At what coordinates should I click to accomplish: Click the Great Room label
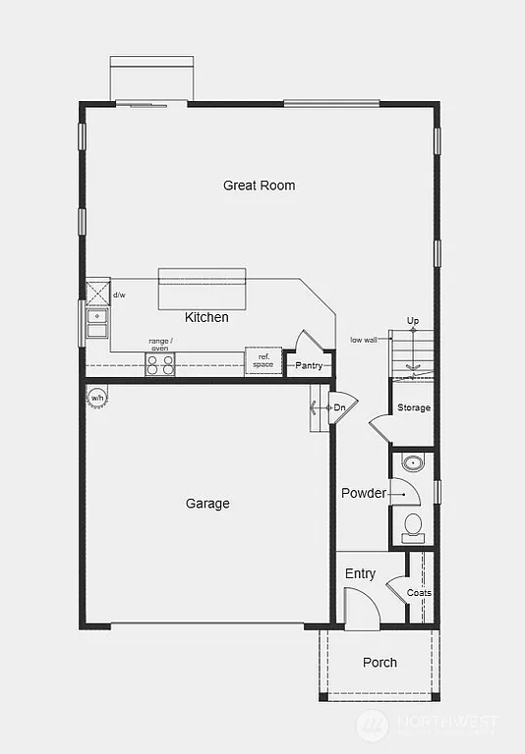(x=259, y=186)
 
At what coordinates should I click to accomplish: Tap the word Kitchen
(x=206, y=317)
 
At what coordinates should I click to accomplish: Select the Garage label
(x=207, y=504)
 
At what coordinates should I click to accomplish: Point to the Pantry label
(x=309, y=366)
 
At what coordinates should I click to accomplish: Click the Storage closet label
(x=413, y=407)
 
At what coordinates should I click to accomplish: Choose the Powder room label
(x=364, y=493)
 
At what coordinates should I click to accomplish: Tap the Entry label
(x=360, y=573)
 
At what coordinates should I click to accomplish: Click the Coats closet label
(x=419, y=593)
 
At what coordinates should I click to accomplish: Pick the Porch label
(x=379, y=663)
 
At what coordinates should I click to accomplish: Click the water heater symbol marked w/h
(x=97, y=398)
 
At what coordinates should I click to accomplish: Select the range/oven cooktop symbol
(x=160, y=364)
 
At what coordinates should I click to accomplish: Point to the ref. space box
(x=263, y=361)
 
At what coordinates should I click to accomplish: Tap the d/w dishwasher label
(x=119, y=295)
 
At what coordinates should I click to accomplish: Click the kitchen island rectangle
(x=203, y=290)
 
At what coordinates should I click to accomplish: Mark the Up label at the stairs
(x=413, y=321)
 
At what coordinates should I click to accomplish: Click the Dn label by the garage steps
(x=339, y=407)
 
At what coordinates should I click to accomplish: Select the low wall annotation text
(x=364, y=340)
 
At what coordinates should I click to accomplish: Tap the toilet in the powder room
(x=413, y=527)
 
